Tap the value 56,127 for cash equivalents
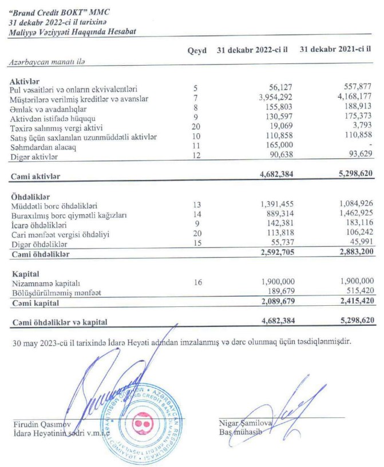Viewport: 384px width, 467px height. tap(280, 89)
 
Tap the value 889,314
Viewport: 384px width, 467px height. tap(278, 214)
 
